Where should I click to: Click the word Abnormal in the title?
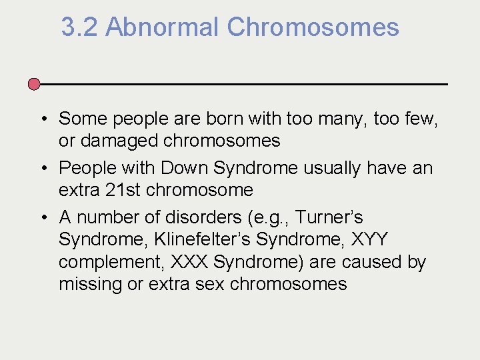pos(162,28)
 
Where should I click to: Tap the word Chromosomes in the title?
pos(313,28)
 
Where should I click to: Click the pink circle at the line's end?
pos(35,84)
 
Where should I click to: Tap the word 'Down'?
pos(184,168)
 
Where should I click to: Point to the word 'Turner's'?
pos(329,217)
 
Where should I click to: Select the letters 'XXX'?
pos(189,262)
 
